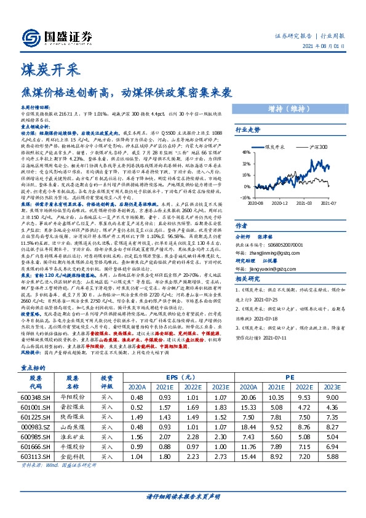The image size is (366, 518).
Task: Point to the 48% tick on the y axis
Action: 245,152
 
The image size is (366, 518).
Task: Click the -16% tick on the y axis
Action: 245,198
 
